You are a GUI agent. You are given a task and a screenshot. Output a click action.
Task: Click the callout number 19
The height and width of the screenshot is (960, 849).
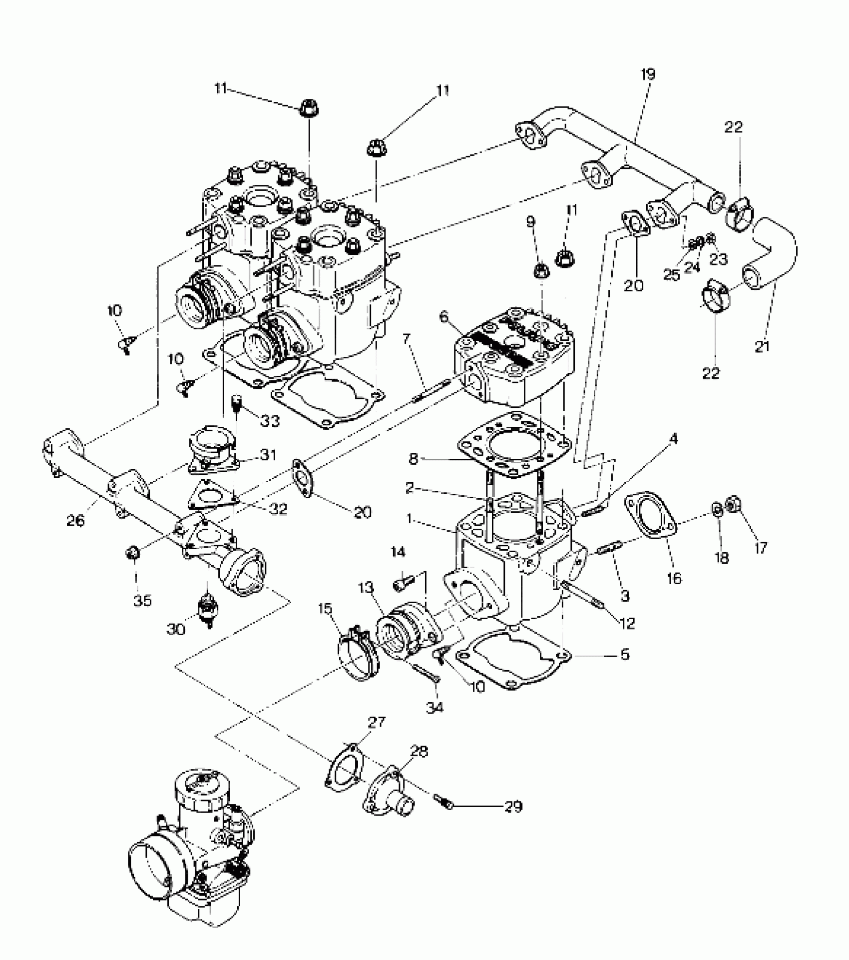[648, 74]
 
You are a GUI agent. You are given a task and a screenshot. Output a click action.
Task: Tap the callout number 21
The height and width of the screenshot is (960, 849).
[762, 347]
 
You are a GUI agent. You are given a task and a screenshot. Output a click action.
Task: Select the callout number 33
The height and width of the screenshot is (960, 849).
[270, 421]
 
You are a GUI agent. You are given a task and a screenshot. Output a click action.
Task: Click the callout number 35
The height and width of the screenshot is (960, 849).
[142, 600]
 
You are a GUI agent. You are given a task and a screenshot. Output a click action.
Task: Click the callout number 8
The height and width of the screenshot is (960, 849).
[413, 459]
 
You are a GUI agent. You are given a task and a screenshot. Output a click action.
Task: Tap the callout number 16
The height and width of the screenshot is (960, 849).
[674, 578]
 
